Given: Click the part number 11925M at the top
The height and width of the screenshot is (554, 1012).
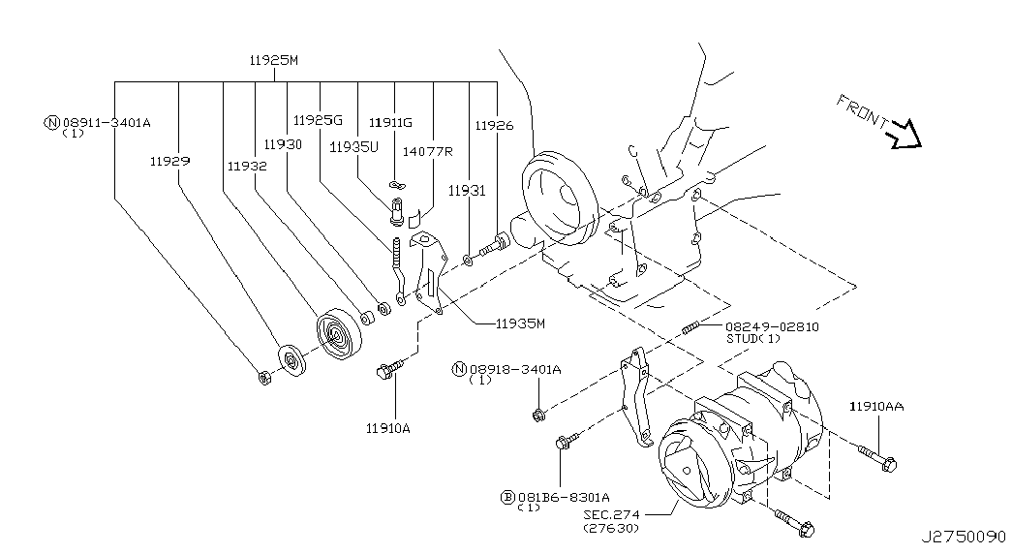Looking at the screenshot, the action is pos(274,60).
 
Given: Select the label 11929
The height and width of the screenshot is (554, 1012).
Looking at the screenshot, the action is pos(169,161).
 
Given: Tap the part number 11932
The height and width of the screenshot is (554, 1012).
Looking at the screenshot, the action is pos(247,166).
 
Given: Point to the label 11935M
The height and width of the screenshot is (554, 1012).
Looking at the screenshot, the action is pos(520,323).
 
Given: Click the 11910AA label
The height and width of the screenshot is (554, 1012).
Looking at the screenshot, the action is pos(876,406).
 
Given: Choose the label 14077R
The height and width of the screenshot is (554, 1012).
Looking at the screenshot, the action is pos(427,151).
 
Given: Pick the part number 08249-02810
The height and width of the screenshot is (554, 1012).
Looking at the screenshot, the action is pos(772,326).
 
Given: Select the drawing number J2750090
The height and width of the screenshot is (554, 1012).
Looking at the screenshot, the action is pos(963,537).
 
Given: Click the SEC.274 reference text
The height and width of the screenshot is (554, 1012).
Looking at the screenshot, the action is pos(612,514).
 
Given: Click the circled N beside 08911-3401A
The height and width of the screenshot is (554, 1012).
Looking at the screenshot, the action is pos(51,122).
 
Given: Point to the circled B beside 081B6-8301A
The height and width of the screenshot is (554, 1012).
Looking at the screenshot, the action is pos(508,497).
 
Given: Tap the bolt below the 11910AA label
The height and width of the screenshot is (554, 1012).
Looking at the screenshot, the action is pos(877,457).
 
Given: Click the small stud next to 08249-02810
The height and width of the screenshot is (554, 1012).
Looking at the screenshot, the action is pos(690,328).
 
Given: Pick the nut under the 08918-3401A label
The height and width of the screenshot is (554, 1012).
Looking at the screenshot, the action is pos(538,415).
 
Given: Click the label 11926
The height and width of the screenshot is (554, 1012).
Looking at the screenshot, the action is pos(495,125).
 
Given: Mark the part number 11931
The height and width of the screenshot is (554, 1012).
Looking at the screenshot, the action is pos(467,191).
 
